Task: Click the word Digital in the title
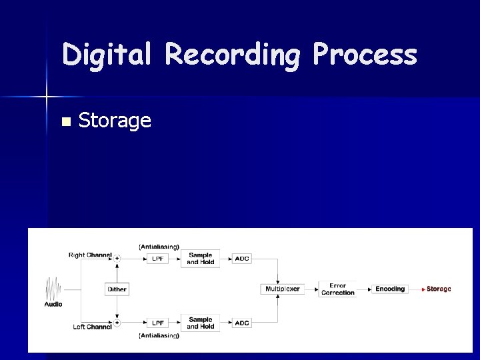coord(107,55)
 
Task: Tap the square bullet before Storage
coord(65,121)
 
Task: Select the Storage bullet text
coord(115,121)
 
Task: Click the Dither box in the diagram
coord(117,289)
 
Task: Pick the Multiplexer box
coord(282,289)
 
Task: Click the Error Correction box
coord(338,289)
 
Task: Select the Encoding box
coord(390,289)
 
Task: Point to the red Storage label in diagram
coord(439,289)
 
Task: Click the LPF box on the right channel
coord(157,259)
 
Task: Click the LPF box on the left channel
coord(157,323)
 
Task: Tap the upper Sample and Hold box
coord(201,259)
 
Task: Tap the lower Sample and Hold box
coord(201,323)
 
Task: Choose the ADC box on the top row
coord(242,259)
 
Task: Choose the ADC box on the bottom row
coord(242,323)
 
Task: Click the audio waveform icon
coord(53,289)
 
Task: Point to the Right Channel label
coord(90,255)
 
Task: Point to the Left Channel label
coord(92,327)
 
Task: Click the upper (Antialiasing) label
coord(159,247)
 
